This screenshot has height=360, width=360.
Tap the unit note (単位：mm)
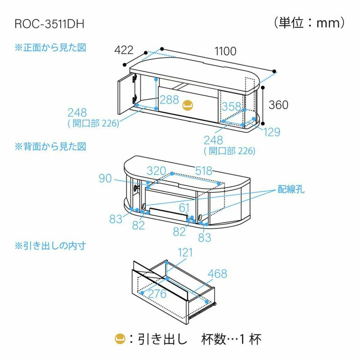tap(309, 22)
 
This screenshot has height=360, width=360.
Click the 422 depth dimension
tap(124, 50)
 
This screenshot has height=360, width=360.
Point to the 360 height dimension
tap(279, 105)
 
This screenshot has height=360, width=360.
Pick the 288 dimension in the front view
tap(168, 100)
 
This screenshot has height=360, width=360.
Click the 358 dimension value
tap(231, 107)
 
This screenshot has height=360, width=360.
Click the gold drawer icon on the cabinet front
tap(188, 105)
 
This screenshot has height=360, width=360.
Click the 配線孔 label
tap(291, 189)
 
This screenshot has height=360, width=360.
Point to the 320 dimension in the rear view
tap(156, 171)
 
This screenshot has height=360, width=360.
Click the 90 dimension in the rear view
tap(105, 179)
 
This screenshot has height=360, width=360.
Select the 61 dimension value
tap(184, 207)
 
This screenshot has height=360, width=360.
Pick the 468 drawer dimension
tap(217, 274)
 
